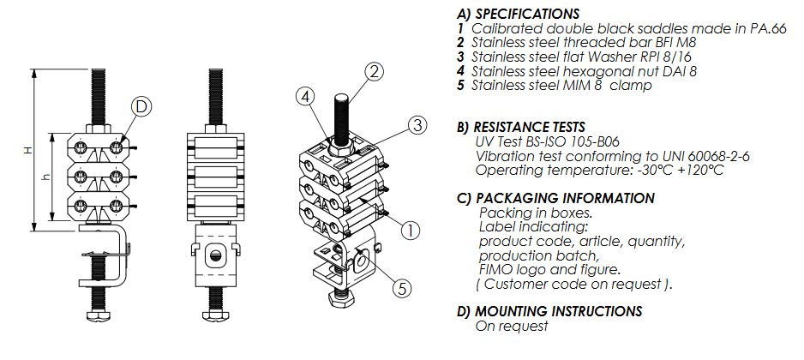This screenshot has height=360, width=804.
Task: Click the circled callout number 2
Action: pos(374,71)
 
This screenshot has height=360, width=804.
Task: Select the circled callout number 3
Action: pos(416,125)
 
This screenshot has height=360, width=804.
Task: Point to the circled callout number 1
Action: pos(411,230)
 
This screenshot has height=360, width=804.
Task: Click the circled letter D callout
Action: pos(142,107)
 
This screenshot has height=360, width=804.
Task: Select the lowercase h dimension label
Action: pos(46,178)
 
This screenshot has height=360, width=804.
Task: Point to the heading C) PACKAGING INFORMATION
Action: pos(556,198)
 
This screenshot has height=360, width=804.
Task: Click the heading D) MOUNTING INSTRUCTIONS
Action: pos(549,311)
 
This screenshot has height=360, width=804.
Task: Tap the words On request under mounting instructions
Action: pos(511,326)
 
